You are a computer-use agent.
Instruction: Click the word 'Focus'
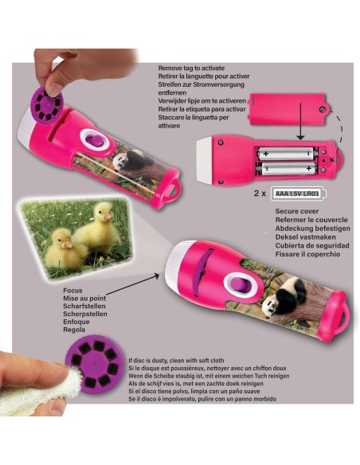click(x=72, y=291)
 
